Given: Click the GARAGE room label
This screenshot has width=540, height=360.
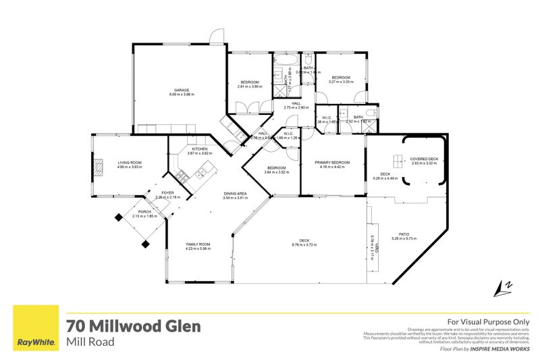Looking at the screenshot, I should coord(181,90).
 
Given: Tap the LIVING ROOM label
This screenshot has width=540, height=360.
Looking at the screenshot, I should coord(129,162).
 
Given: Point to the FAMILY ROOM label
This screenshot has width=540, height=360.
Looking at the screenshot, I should coord(199,244).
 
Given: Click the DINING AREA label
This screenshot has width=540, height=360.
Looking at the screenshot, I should coord(236,195).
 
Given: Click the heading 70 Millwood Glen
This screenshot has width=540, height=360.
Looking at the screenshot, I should coord(133,326).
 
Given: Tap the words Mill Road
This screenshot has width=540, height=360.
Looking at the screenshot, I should coord(90,342).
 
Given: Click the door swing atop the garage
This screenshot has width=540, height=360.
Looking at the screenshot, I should coord(215,36).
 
